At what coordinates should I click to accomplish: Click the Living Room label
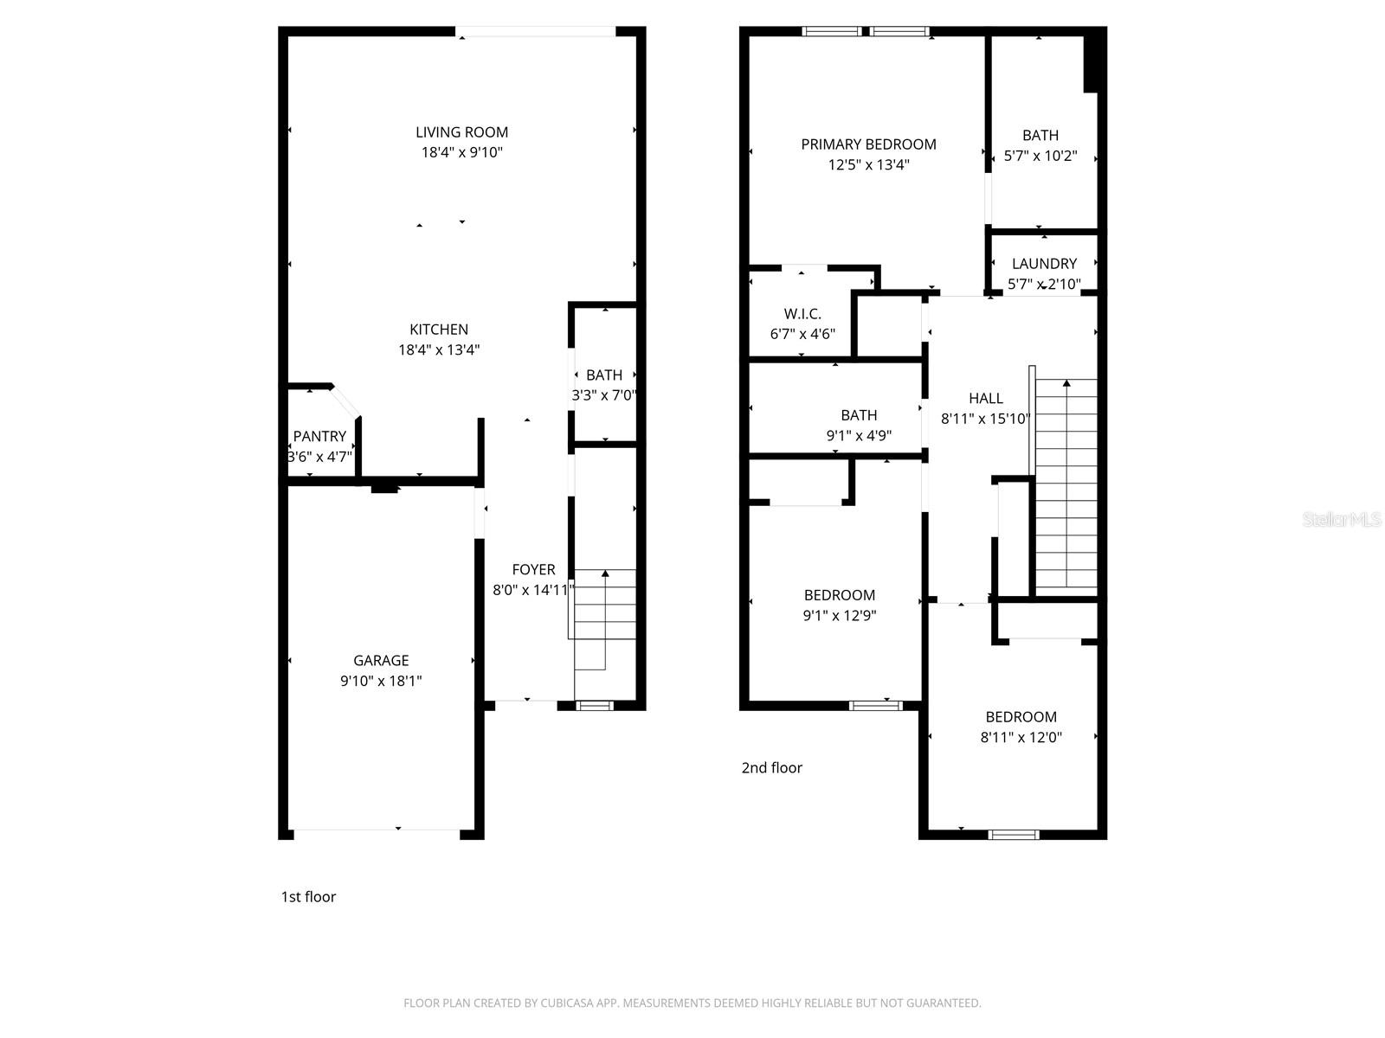(x=461, y=132)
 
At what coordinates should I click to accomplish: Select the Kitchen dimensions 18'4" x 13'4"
(x=439, y=350)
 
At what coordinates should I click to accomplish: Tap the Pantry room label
(x=319, y=436)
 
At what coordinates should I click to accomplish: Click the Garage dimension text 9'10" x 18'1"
(x=381, y=682)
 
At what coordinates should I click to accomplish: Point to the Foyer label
(x=533, y=569)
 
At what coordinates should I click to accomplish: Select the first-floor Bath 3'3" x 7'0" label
(x=603, y=375)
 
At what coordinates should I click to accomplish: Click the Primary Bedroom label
(x=868, y=144)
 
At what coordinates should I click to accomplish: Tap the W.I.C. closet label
(x=802, y=314)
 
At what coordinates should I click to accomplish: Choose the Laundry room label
(x=1044, y=264)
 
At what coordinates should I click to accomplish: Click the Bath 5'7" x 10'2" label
(x=1040, y=136)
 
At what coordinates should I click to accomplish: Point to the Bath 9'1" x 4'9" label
(x=859, y=415)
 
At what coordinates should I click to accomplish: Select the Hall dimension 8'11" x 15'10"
(x=986, y=420)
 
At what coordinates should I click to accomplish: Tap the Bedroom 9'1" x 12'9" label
(x=840, y=595)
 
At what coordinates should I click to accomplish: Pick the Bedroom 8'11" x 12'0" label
(x=1021, y=717)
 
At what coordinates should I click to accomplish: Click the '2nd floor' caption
(x=771, y=768)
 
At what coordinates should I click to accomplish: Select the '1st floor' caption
(x=308, y=897)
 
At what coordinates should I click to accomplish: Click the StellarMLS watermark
(x=1342, y=520)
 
